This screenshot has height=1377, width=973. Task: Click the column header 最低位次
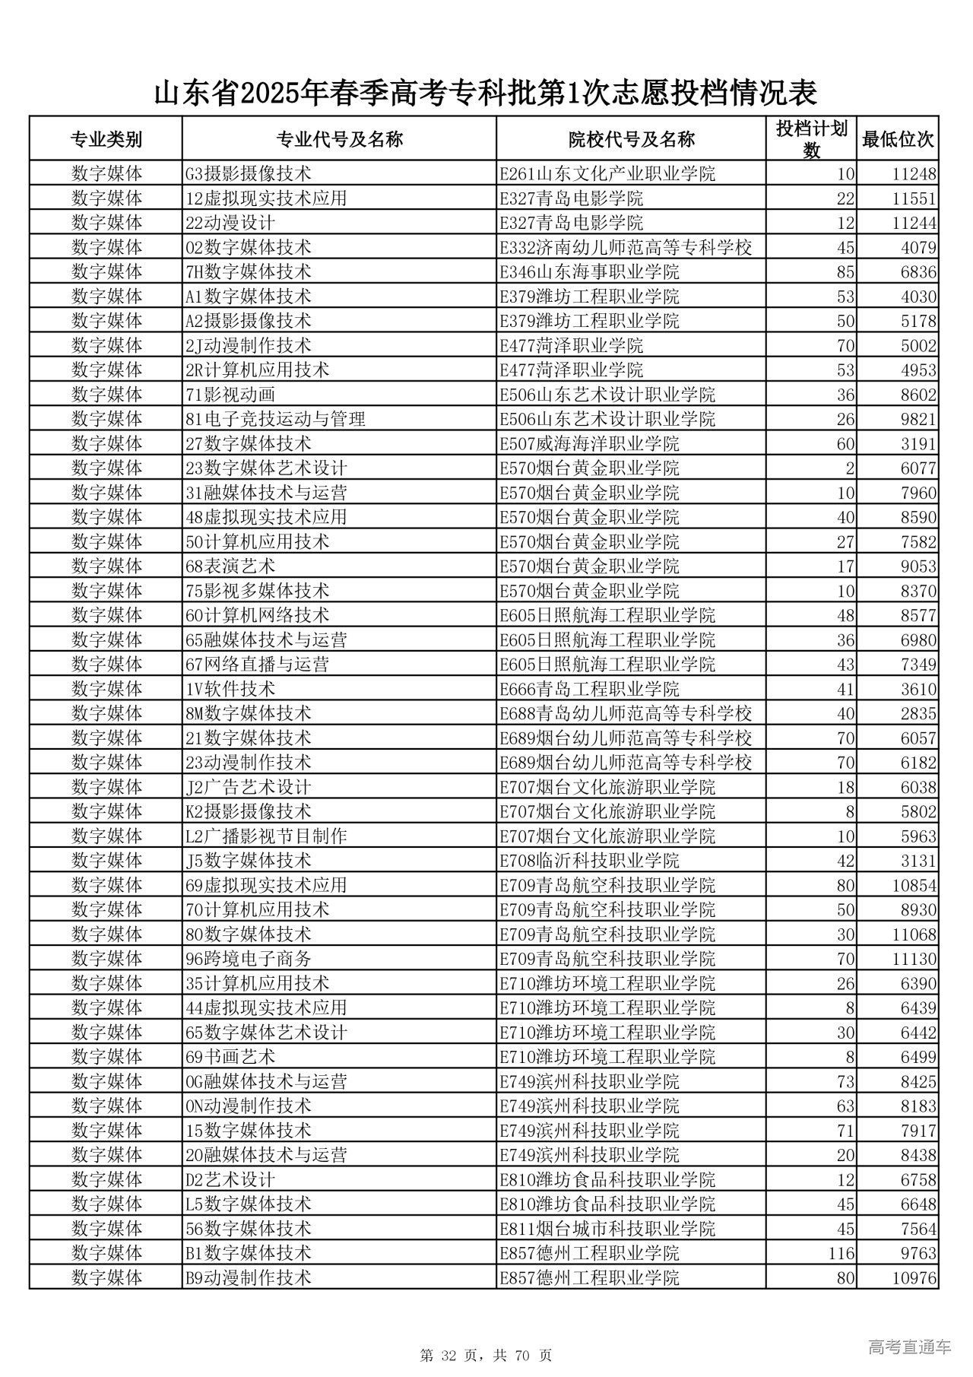coord(897,139)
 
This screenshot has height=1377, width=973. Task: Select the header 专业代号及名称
coord(339,139)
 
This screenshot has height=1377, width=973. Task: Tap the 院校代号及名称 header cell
coord(631,139)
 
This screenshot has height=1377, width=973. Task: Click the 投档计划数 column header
coord(811,139)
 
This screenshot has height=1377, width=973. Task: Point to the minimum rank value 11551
coord(914,199)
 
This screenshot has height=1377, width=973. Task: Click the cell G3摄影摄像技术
coord(249,174)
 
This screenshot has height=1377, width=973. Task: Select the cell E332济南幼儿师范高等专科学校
coord(626,248)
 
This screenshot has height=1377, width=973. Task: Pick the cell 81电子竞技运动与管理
coord(275,420)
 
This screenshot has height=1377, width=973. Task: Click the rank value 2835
coord(918,714)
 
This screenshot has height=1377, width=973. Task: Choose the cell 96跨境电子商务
coord(249,959)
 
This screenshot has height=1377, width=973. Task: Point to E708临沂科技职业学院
coord(589,861)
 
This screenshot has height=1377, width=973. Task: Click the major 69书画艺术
coord(230,1057)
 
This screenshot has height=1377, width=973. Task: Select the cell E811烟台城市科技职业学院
coord(607,1229)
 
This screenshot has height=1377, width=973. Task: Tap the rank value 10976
coord(914,1278)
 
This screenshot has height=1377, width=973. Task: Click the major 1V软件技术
coord(230,690)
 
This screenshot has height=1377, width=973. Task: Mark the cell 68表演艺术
coord(230,566)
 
